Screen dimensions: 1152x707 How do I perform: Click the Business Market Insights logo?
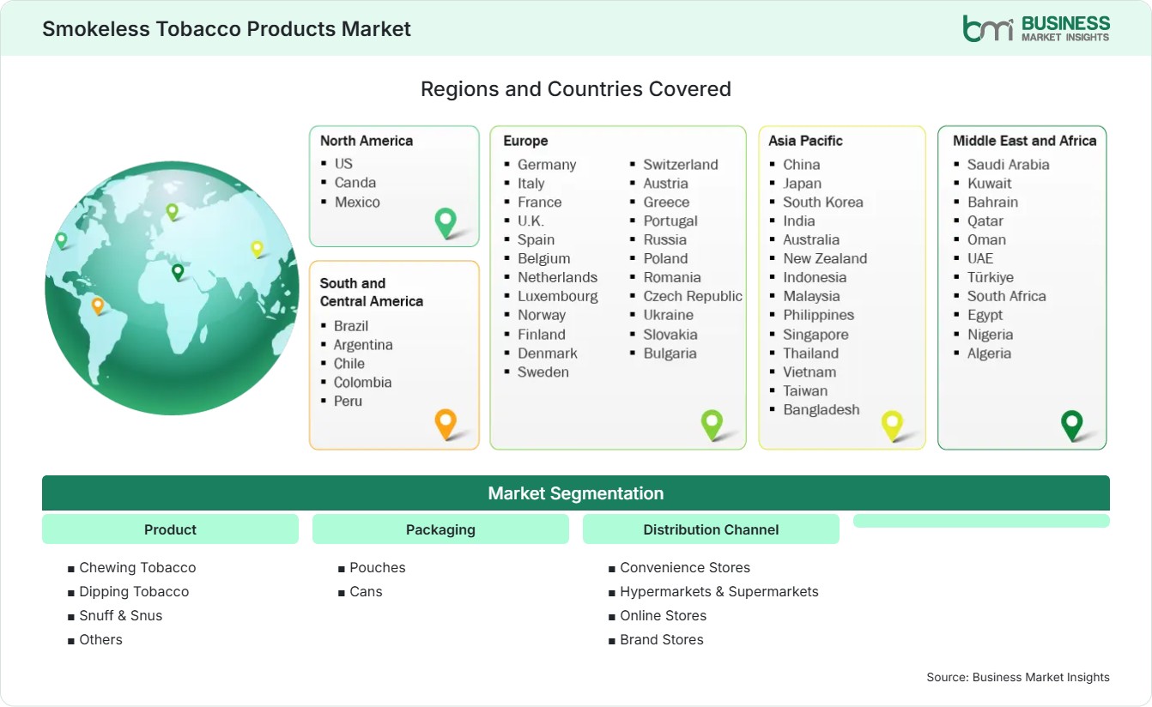point(1036,28)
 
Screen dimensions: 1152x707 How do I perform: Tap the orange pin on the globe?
point(98,306)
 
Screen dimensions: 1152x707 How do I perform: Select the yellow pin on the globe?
point(257,249)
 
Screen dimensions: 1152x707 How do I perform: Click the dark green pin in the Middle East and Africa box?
point(1072,426)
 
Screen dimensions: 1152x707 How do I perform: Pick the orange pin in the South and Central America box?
point(446,424)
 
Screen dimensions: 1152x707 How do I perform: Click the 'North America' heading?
point(367,141)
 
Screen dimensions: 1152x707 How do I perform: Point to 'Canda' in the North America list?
point(355,183)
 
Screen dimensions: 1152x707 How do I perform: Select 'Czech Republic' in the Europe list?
point(693,296)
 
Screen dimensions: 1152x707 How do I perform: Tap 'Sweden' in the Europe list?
point(543,372)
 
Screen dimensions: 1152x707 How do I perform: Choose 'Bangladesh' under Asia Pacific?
point(822,409)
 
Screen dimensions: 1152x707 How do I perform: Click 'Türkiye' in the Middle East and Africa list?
point(991,277)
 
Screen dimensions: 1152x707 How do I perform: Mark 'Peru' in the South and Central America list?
point(348,401)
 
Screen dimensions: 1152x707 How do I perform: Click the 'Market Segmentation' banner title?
point(575,493)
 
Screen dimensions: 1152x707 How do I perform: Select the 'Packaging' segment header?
point(440,529)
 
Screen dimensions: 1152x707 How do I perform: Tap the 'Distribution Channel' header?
point(711,529)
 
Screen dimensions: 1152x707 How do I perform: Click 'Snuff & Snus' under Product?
point(121,615)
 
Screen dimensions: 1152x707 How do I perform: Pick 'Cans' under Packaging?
point(366,591)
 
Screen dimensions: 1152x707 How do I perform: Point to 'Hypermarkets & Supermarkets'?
point(719,592)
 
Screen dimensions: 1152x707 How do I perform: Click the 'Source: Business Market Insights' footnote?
point(1018,677)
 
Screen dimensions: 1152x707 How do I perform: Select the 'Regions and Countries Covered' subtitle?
point(575,89)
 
